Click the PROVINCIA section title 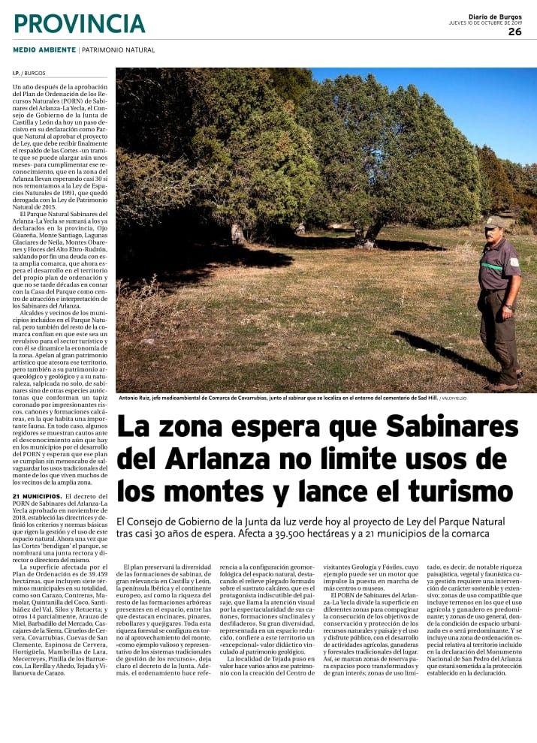[79, 23]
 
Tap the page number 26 [514, 32]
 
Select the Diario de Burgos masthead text [495, 17]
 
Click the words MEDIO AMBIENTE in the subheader [44, 50]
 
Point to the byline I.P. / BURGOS [29, 74]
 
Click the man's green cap [494, 221]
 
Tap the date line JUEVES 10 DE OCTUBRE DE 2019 [484, 23]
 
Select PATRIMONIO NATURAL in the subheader [119, 50]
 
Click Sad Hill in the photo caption [427, 399]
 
